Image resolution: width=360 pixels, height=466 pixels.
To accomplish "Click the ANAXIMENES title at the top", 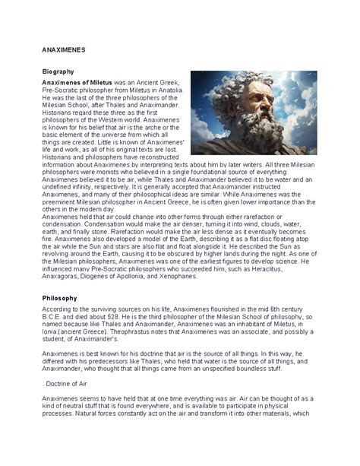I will point(63,49).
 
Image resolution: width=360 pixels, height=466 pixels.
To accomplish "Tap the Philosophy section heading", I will point(60,299).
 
